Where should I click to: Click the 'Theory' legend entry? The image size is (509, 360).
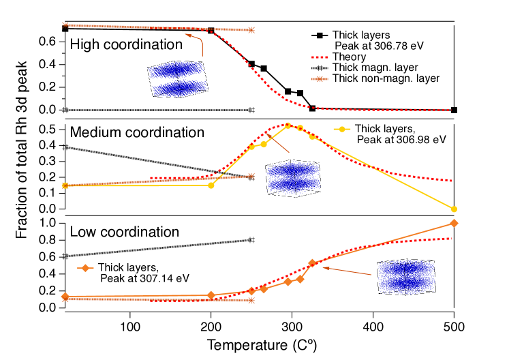(x=349, y=57)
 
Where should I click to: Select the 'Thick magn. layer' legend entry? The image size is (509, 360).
(x=375, y=67)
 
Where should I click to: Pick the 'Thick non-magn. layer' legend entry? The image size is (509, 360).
(x=386, y=78)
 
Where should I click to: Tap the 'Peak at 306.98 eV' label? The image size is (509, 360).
(x=401, y=139)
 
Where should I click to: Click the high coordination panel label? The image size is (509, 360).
(x=132, y=45)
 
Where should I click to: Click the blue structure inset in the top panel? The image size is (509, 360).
(x=177, y=79)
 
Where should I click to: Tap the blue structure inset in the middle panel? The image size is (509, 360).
(x=293, y=179)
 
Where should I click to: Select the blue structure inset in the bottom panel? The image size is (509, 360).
(x=406, y=277)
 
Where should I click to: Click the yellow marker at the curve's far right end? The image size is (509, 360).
(x=454, y=209)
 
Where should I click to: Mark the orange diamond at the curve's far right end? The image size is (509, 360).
(x=454, y=223)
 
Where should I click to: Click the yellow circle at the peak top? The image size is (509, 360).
(x=288, y=125)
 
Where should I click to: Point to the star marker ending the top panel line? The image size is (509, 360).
(x=251, y=30)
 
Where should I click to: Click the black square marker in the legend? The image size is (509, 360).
(x=318, y=35)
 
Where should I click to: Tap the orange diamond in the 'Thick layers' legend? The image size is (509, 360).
(x=84, y=268)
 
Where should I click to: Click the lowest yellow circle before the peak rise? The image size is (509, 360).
(x=211, y=185)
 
